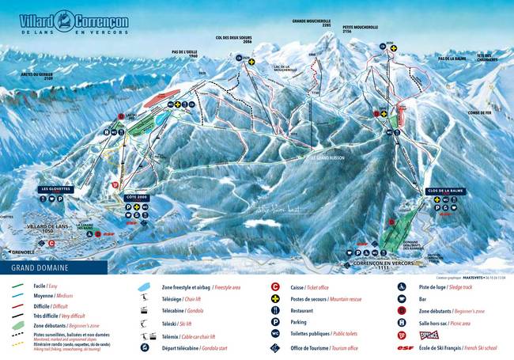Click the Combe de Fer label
[480, 113]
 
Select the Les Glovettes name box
[57, 189]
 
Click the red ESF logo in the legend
[404, 346]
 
